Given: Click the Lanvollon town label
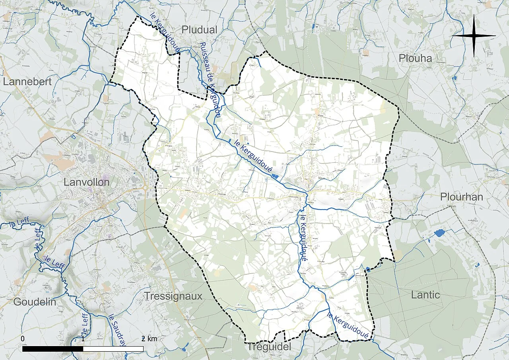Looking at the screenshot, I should pyautogui.click(x=86, y=182).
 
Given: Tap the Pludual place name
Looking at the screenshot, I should pyautogui.click(x=199, y=30).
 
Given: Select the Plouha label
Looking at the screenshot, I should pyautogui.click(x=415, y=58).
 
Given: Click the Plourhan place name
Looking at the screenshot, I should pyautogui.click(x=461, y=197).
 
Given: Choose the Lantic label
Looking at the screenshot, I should pyautogui.click(x=425, y=295).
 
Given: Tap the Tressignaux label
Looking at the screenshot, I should pyautogui.click(x=173, y=296).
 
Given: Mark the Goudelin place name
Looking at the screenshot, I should pyautogui.click(x=35, y=302).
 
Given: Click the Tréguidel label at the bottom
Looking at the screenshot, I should pyautogui.click(x=269, y=347).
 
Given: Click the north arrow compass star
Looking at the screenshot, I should pyautogui.click(x=474, y=36).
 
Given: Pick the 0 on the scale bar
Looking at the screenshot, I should pyautogui.click(x=23, y=339).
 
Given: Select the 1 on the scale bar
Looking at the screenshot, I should pyautogui.click(x=83, y=339).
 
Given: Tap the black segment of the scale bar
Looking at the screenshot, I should pyautogui.click(x=52, y=349).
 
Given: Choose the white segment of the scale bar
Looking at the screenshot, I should pyautogui.click(x=113, y=349).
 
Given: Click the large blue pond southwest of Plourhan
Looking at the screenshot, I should pyautogui.click(x=440, y=233).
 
